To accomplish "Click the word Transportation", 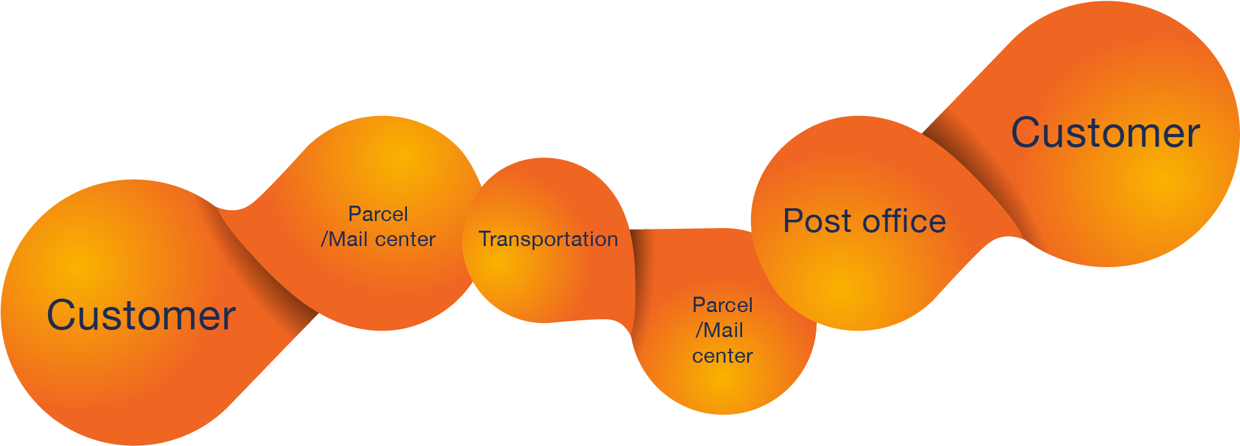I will [x=548, y=239].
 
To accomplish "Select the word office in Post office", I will [x=904, y=221].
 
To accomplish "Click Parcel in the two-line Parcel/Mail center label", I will [x=378, y=214].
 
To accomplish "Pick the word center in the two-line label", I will [x=405, y=240].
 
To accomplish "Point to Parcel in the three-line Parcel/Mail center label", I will [x=722, y=305].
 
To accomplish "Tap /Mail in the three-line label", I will [x=720, y=331].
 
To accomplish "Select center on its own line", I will [x=722, y=356].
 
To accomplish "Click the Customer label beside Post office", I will [x=1105, y=133].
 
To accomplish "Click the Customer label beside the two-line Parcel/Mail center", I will [x=141, y=315].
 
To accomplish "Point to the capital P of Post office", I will [x=794, y=221].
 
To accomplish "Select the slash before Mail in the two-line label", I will [x=324, y=240].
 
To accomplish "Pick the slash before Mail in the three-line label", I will [x=699, y=331].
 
